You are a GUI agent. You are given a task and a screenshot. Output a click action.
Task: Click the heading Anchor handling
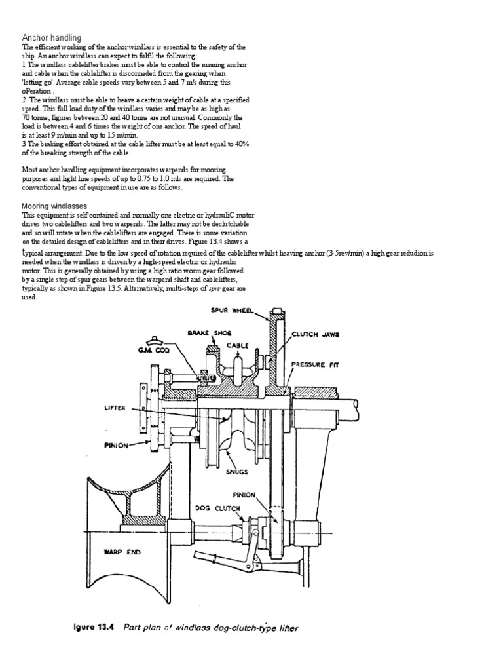tap(52, 38)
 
